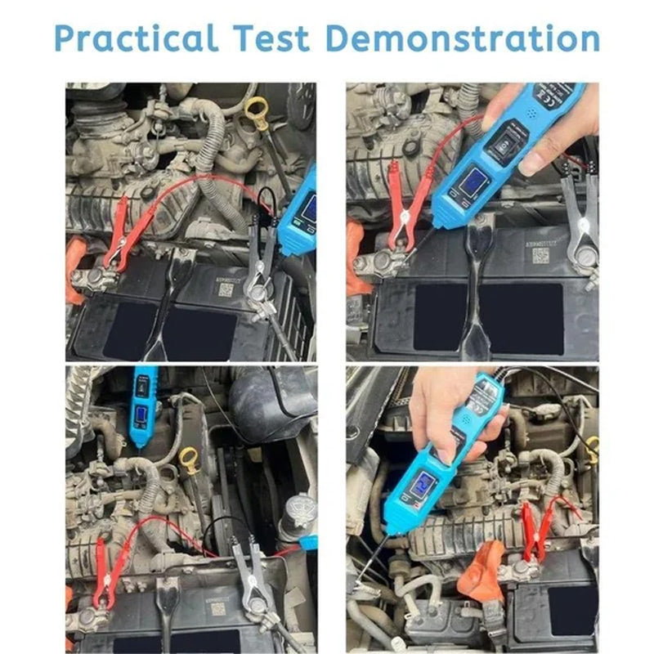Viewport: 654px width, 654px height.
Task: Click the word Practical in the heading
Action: point(136,38)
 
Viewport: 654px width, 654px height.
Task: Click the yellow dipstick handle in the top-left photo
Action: point(257,107)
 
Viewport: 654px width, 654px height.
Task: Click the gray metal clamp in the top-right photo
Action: point(578,217)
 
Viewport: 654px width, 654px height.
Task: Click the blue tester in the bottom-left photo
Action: point(144,404)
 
